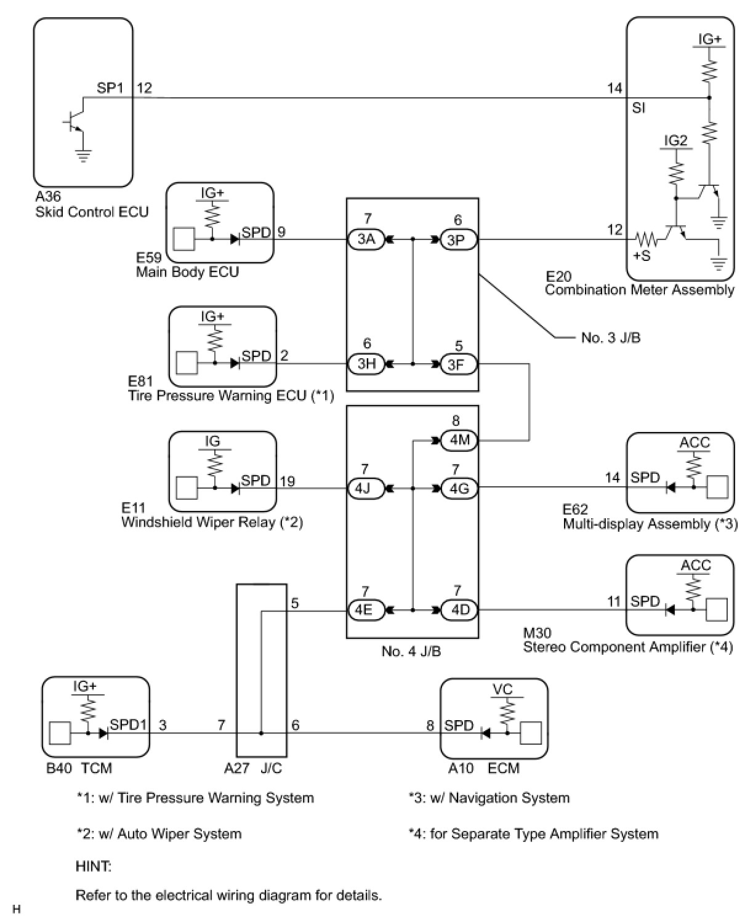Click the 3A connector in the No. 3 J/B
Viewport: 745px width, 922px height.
pyautogui.click(x=366, y=239)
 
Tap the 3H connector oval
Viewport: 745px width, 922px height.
pyautogui.click(x=366, y=364)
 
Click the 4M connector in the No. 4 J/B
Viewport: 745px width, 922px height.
pyautogui.click(x=458, y=440)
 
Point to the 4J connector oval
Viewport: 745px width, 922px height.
pyautogui.click(x=366, y=489)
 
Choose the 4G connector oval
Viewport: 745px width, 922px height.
pyautogui.click(x=458, y=489)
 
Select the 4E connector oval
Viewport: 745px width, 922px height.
pyautogui.click(x=366, y=611)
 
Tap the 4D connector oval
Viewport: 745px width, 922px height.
pyautogui.click(x=458, y=611)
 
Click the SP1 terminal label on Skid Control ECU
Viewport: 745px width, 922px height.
pyautogui.click(x=110, y=88)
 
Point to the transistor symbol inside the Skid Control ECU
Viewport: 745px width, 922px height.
pyautogui.click(x=76, y=122)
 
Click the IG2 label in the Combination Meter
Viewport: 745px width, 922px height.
pyautogui.click(x=675, y=140)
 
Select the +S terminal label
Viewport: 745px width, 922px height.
pyautogui.click(x=642, y=255)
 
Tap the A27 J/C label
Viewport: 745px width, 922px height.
pyautogui.click(x=252, y=768)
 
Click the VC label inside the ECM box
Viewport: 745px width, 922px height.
pyautogui.click(x=503, y=689)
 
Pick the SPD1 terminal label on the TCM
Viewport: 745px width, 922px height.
pyautogui.click(x=129, y=724)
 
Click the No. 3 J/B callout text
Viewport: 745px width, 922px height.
pyautogui.click(x=610, y=338)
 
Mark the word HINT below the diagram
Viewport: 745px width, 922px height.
pyautogui.click(x=94, y=867)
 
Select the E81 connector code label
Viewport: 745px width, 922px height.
pyautogui.click(x=140, y=381)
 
